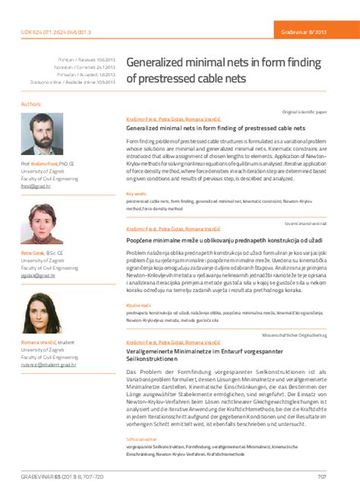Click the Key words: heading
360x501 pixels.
pyautogui.click(x=137, y=194)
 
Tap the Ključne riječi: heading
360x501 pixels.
pyautogui.click(x=138, y=303)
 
